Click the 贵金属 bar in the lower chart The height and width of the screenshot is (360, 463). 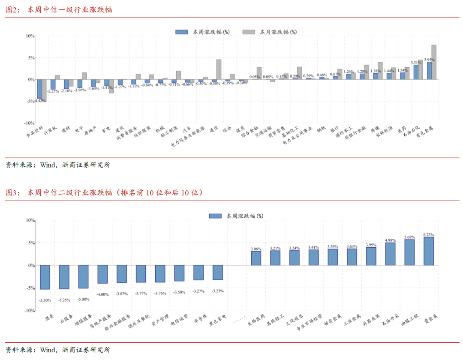429,251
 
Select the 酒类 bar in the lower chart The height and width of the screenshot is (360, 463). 45,277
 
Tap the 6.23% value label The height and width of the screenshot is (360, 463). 429,234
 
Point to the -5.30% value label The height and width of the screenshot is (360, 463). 45,300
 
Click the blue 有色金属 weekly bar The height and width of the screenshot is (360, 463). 429,71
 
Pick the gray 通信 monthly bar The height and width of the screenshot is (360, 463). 219,69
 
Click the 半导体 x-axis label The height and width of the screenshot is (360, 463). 201,321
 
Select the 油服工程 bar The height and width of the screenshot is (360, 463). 409,252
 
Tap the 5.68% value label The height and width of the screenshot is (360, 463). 409,237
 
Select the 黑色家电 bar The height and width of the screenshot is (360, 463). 218,273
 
